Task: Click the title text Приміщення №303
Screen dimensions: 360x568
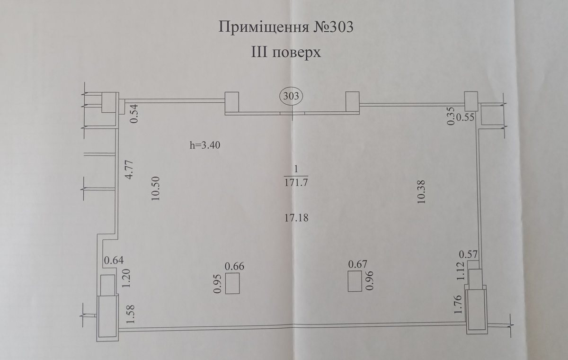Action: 285,27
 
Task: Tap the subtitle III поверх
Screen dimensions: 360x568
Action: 285,52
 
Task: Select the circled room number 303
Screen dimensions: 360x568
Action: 292,97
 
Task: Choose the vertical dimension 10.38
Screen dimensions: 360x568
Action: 422,191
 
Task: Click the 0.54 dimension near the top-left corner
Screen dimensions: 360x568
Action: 134,114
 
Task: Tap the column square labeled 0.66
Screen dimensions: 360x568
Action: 232,284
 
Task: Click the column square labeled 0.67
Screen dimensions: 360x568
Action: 355,282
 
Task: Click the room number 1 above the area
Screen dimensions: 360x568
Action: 296,169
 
